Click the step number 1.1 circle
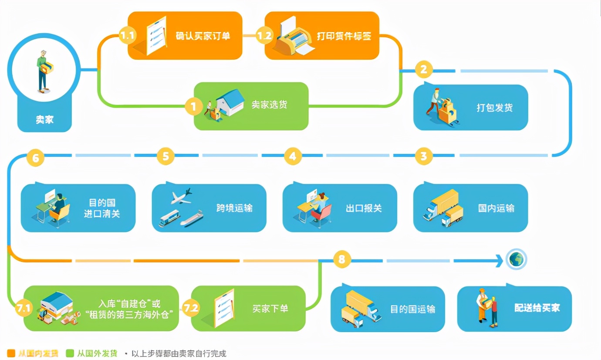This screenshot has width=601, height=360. (127, 35)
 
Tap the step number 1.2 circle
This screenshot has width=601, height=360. (264, 35)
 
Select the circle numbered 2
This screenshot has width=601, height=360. (423, 69)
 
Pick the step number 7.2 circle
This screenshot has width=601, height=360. (191, 308)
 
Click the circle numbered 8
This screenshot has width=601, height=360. (341, 260)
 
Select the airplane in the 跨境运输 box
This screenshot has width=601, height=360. (182, 196)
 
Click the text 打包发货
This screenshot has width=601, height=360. (494, 108)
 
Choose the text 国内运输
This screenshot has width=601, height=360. (496, 208)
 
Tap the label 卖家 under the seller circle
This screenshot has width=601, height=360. (44, 119)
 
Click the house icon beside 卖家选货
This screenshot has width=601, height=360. (230, 102)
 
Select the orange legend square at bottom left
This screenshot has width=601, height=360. (11, 353)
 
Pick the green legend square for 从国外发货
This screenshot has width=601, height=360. (70, 353)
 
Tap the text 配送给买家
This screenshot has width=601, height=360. (537, 308)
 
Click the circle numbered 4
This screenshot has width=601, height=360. (293, 156)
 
